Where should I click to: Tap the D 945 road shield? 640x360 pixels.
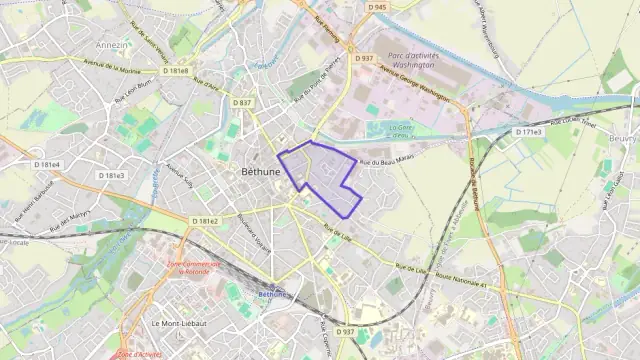(x=377, y=7)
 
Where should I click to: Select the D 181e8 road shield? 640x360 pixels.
(x=178, y=71)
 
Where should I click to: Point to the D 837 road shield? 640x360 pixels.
(x=242, y=102)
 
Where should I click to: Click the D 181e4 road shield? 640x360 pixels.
(x=47, y=164)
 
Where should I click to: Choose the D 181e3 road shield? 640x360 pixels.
(x=112, y=175)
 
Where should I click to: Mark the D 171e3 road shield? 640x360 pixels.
(x=528, y=132)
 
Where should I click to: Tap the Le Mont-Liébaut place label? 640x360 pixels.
(x=180, y=324)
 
